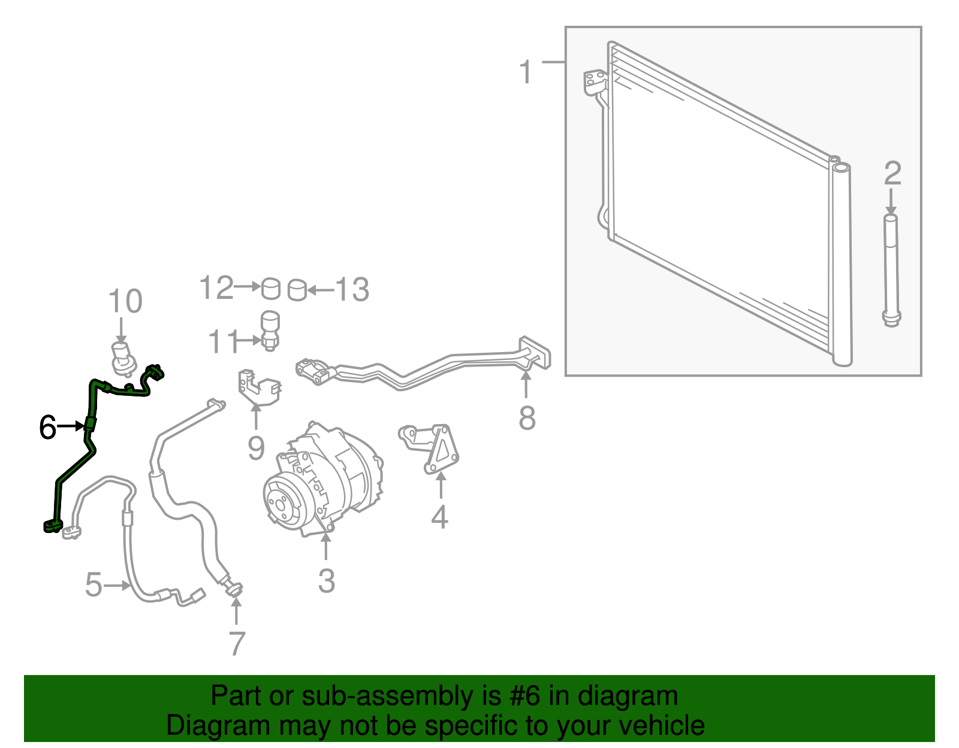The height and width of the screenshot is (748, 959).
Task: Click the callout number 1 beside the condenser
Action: (x=526, y=72)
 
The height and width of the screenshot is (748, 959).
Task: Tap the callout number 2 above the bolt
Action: (x=892, y=173)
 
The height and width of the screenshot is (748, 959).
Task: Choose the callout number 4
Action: (x=439, y=516)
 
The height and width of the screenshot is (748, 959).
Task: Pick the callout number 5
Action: (x=94, y=585)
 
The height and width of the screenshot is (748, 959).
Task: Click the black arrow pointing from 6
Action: (x=71, y=426)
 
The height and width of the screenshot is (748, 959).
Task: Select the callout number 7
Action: (x=237, y=644)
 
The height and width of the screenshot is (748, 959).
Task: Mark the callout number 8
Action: (x=527, y=418)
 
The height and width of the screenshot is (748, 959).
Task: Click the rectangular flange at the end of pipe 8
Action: (x=535, y=353)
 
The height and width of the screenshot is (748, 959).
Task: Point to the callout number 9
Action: (x=257, y=448)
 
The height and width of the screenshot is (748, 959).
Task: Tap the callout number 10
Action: (x=125, y=301)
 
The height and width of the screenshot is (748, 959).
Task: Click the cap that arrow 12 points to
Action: (x=271, y=289)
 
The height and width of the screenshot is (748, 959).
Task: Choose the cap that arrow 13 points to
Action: (x=297, y=290)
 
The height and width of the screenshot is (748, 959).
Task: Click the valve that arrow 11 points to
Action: (x=270, y=331)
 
